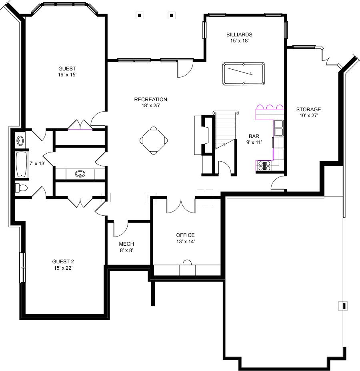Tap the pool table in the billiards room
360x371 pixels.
pos(243,74)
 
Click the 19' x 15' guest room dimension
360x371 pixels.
pos(67,74)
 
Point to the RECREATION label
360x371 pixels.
pos(150,100)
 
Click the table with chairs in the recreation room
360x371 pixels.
pos(154,140)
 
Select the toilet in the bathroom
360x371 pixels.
pos(22,188)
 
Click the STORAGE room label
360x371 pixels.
pos(308,109)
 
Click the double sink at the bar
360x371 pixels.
pos(278,127)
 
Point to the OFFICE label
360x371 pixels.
pos(185,235)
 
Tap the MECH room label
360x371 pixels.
pos(126,244)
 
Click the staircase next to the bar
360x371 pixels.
pos(225,130)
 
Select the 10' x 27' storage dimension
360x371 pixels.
pos(308,116)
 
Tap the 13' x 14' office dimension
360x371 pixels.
pos(185,242)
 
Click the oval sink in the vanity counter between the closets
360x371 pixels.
pos(80,174)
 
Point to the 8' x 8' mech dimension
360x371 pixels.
pos(126,251)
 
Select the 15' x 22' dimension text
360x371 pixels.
pos(63,268)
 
